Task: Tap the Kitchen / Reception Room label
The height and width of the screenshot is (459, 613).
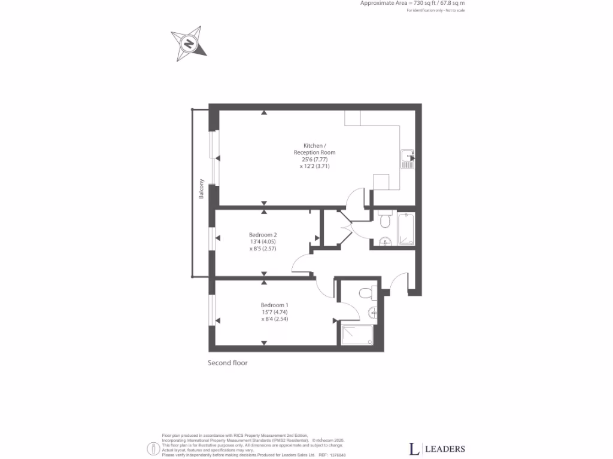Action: (314, 149)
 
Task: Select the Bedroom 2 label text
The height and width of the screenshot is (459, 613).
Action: (263, 235)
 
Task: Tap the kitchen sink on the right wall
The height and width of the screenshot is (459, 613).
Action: (408, 158)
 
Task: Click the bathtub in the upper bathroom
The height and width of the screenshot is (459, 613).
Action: (406, 229)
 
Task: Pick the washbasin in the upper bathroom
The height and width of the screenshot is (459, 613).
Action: (383, 241)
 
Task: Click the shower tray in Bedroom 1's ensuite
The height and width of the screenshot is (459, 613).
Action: (357, 333)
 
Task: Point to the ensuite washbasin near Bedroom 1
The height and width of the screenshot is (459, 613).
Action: (373, 311)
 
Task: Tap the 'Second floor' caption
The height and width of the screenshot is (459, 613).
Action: (227, 363)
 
